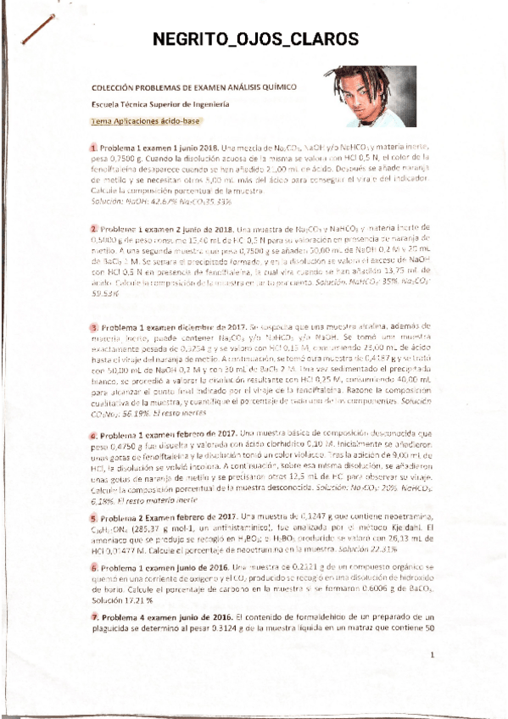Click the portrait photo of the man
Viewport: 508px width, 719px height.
click(369, 96)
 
